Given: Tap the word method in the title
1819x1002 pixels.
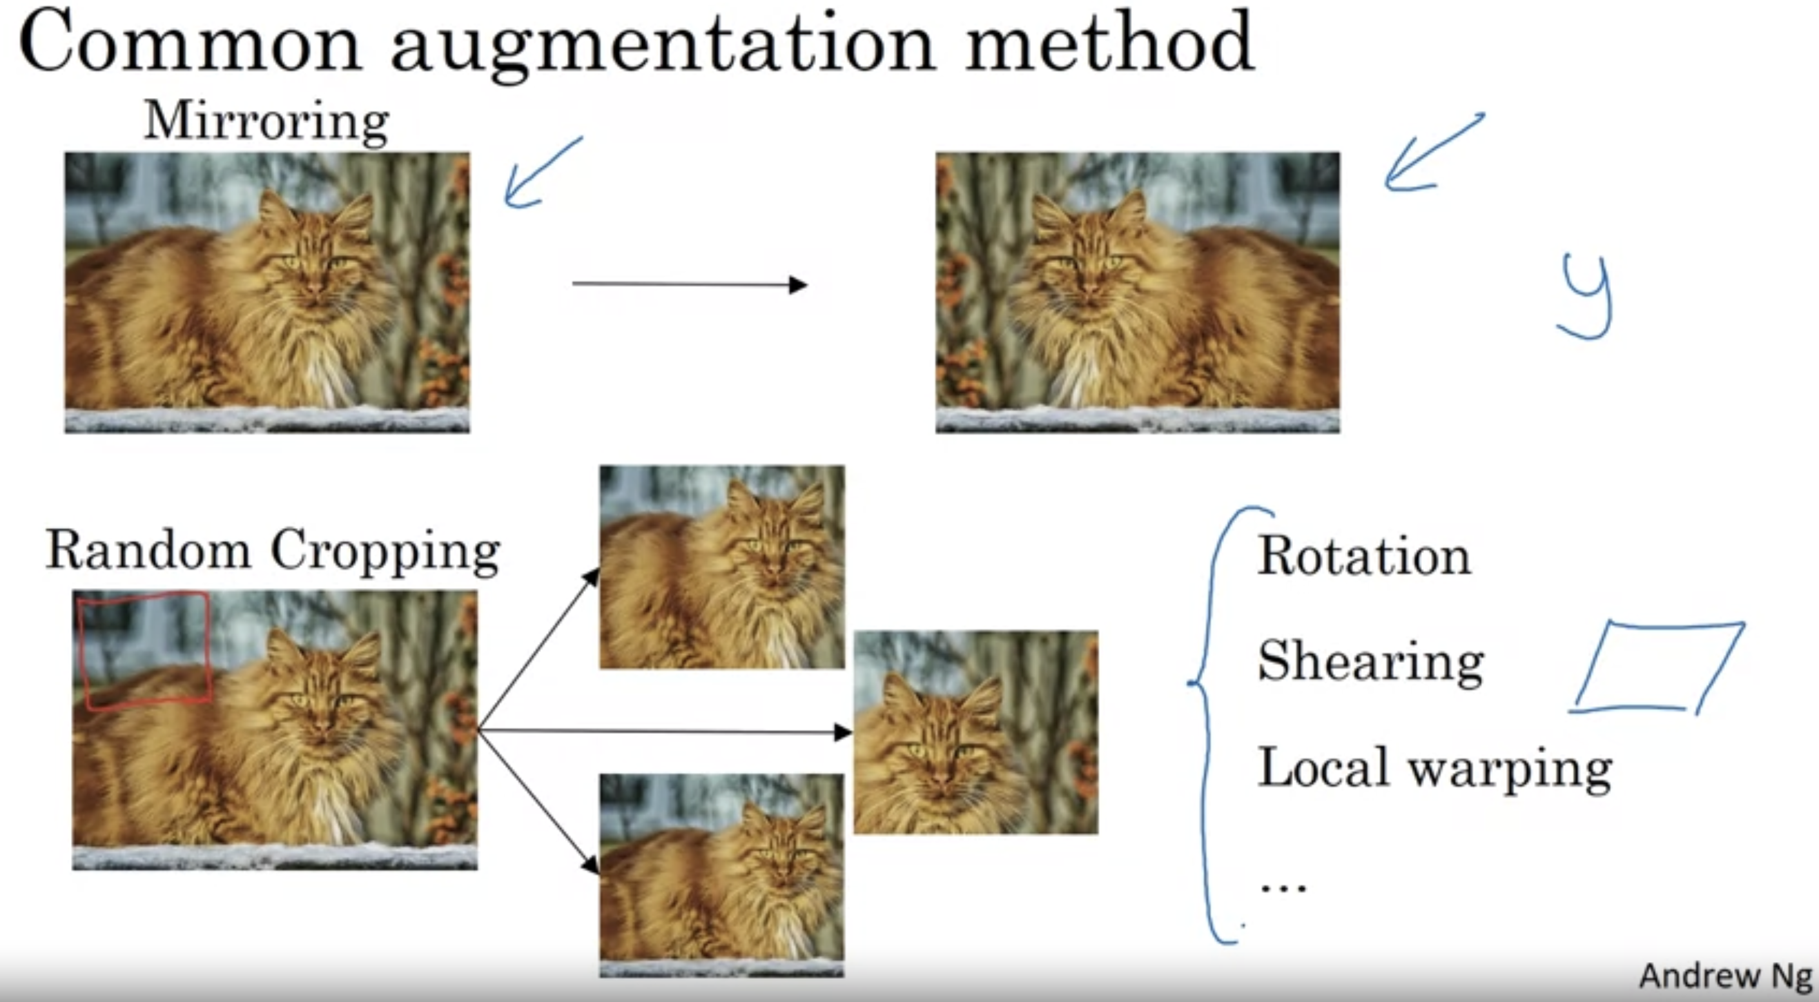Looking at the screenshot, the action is click(x=1109, y=43).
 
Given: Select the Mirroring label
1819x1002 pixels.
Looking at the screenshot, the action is click(x=266, y=121).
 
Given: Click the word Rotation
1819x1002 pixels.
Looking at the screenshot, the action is click(x=1364, y=556).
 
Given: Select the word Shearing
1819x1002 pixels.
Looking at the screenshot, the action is click(x=1370, y=662).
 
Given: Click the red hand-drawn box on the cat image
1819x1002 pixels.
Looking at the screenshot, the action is click(x=146, y=650).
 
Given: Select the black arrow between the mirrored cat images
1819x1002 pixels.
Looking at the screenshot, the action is click(x=689, y=284).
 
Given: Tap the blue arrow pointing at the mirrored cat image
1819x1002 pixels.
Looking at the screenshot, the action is click(x=1430, y=154).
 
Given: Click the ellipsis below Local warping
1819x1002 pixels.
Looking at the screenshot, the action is click(x=1284, y=887).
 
